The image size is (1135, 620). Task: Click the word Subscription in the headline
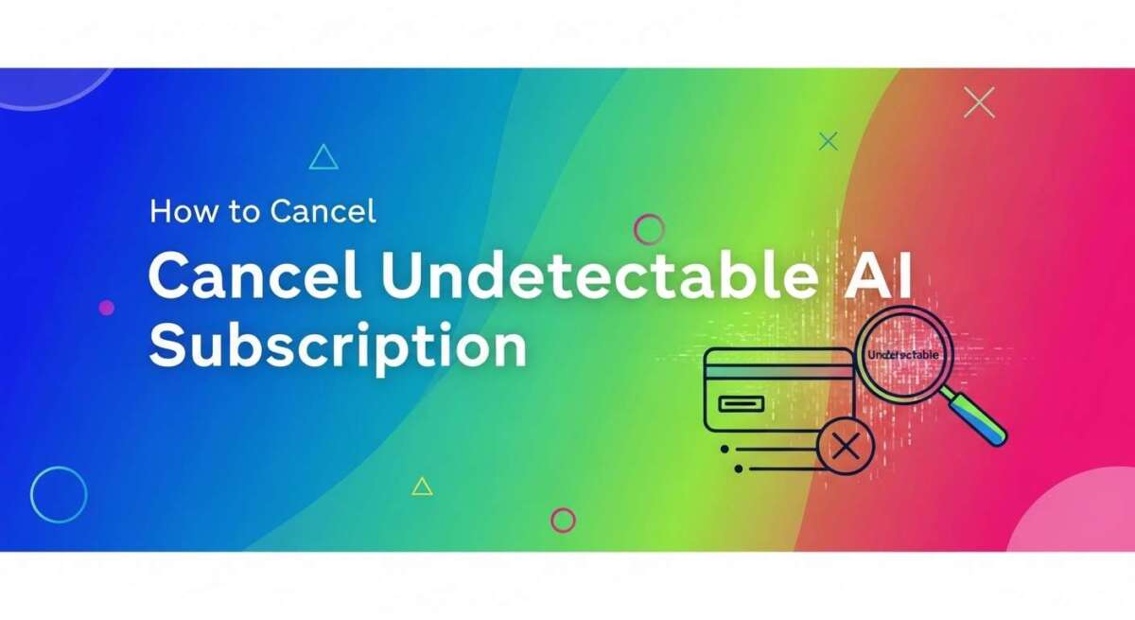coord(337,346)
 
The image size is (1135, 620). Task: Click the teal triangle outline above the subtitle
coord(323,158)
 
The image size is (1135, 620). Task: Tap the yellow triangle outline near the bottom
coord(422,487)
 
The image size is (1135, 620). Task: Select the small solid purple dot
coord(106,308)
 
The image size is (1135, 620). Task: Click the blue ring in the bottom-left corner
coord(59,494)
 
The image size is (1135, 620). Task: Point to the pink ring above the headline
coord(649,229)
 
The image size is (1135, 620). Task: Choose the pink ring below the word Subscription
coord(563,520)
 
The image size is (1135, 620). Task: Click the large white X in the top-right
coord(979,102)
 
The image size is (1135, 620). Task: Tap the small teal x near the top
coord(828,142)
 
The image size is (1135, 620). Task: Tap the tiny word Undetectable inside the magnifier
coord(903,354)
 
